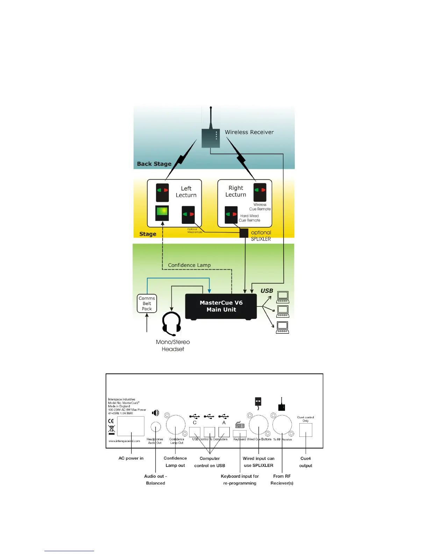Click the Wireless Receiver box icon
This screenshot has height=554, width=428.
pyautogui.click(x=211, y=138)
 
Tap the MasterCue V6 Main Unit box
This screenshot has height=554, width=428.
pyautogui.click(x=221, y=306)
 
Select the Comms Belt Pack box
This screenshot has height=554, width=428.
pyautogui.click(x=147, y=303)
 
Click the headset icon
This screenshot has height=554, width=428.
pyautogui.click(x=172, y=324)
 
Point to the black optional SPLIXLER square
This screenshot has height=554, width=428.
pyautogui.click(x=244, y=233)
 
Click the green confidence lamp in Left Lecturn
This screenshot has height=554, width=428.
pyautogui.click(x=162, y=212)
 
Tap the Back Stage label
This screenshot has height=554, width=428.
pyautogui.click(x=154, y=164)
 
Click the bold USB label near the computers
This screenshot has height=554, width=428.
pyautogui.click(x=267, y=291)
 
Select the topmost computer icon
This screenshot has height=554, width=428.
pyautogui.click(x=283, y=297)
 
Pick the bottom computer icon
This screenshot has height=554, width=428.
pyautogui.click(x=283, y=327)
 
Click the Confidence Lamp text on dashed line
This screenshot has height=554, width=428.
pyautogui.click(x=189, y=265)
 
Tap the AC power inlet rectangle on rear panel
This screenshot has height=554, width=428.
pyautogui.click(x=131, y=426)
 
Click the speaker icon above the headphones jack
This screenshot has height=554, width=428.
pyautogui.click(x=156, y=413)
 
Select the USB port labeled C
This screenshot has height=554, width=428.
pyautogui.click(x=195, y=432)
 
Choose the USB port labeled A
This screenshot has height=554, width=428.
pyautogui.click(x=224, y=432)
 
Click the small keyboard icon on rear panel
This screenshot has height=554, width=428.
pyautogui.click(x=240, y=425)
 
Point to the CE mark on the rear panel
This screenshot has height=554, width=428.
pyautogui.click(x=111, y=421)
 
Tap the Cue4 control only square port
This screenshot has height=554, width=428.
pyautogui.click(x=306, y=430)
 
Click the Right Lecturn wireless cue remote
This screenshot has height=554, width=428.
pyautogui.click(x=260, y=192)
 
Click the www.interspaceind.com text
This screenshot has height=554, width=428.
pyautogui.click(x=124, y=441)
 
